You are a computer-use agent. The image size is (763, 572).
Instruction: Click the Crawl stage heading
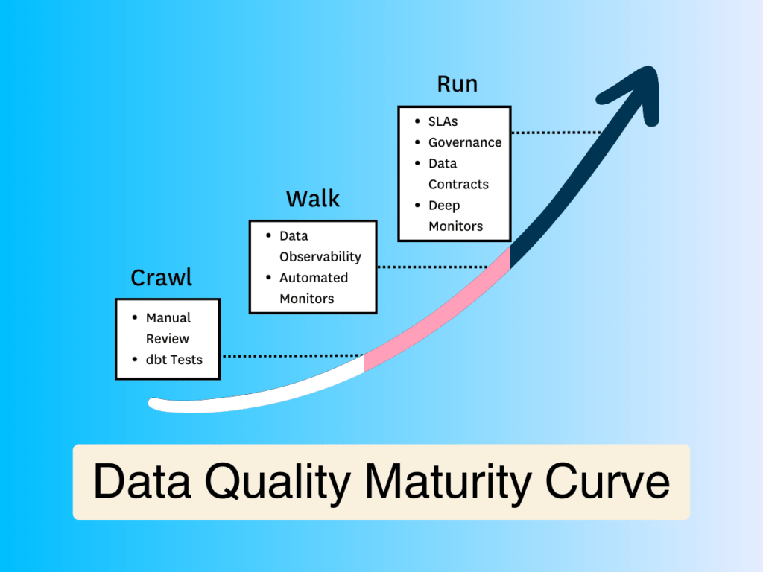(x=162, y=278)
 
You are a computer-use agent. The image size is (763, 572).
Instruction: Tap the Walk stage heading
(x=313, y=199)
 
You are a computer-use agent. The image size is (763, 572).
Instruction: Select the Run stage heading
(x=458, y=84)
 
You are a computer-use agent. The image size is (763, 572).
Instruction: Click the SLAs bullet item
(x=443, y=121)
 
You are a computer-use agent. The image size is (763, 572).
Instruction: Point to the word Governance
(x=465, y=142)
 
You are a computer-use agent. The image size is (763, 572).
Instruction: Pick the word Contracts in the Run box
(x=458, y=185)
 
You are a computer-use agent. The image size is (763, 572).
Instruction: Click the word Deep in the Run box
(x=444, y=206)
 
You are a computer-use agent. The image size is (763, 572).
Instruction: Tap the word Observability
(x=320, y=257)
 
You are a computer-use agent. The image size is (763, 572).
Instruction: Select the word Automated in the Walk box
(x=314, y=278)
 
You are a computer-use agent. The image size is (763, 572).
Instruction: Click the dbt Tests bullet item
(x=174, y=360)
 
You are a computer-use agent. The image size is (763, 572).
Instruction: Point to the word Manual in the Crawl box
(x=168, y=317)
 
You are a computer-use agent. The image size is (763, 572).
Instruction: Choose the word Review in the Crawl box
(x=168, y=339)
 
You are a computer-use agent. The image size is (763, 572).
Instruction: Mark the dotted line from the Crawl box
(x=293, y=356)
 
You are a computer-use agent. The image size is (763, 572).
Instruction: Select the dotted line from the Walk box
(x=433, y=267)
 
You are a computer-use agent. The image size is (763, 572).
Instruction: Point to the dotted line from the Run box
(x=556, y=133)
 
